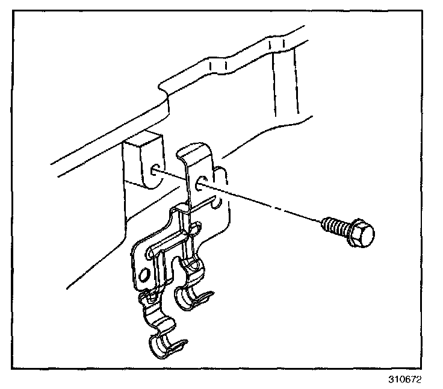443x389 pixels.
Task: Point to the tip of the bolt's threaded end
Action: click(324, 223)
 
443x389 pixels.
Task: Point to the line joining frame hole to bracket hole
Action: click(178, 175)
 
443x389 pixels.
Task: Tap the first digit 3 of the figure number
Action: click(389, 381)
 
